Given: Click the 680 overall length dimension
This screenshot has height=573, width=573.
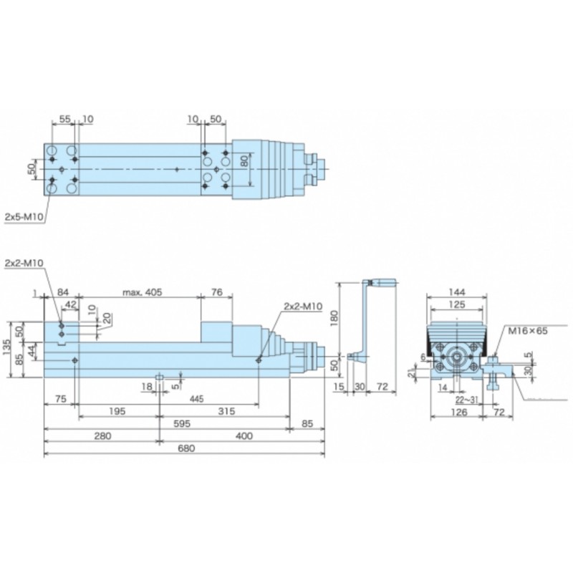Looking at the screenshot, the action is [186, 448].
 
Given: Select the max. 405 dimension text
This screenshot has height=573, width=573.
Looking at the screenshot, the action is [142, 292].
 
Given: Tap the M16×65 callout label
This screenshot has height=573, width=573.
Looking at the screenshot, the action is [528, 331].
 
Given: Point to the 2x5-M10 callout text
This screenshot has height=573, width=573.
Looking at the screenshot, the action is [24, 217].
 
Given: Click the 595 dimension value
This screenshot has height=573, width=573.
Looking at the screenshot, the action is [182, 423].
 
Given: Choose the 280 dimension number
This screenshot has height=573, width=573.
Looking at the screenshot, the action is [102, 436].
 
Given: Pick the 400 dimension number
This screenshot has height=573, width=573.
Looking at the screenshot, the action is [244, 436].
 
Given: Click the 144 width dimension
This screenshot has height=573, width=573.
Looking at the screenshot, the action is [457, 292].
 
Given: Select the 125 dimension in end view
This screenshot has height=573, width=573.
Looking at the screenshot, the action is [457, 304].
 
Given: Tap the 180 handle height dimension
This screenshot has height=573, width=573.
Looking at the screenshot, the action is [334, 319].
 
